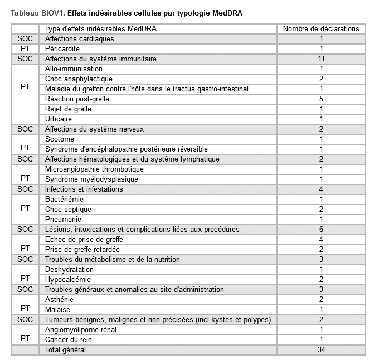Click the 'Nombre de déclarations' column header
point(321,29)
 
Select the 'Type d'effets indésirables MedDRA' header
point(100,29)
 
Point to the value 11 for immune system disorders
point(321,59)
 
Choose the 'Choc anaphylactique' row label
point(79,79)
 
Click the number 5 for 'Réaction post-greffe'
point(321,99)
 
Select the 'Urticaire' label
point(59,119)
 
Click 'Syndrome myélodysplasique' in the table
point(91,179)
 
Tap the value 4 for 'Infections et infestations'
point(321,189)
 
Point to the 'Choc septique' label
point(68,210)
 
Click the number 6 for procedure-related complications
point(321,230)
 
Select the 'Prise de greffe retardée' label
point(82,250)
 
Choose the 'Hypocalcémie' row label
point(67,280)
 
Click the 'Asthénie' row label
point(59,300)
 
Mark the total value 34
point(321,350)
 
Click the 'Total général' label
point(66,350)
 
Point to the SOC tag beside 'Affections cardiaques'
point(25,39)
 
